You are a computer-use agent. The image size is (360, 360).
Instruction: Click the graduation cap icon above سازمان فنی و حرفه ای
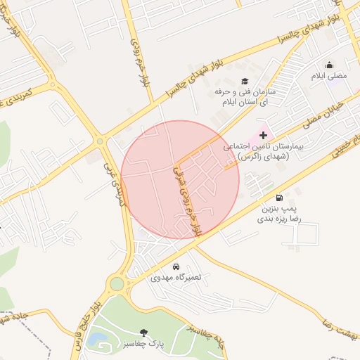245,81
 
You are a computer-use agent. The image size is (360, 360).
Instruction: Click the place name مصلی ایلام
329,75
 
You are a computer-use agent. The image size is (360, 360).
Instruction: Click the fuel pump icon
280,198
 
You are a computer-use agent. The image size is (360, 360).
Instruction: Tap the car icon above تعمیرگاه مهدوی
176,266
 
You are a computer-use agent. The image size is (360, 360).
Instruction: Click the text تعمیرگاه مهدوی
176,278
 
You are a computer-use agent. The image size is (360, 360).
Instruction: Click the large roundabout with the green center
117,284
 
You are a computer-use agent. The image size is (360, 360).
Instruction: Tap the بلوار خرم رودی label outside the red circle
138,58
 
